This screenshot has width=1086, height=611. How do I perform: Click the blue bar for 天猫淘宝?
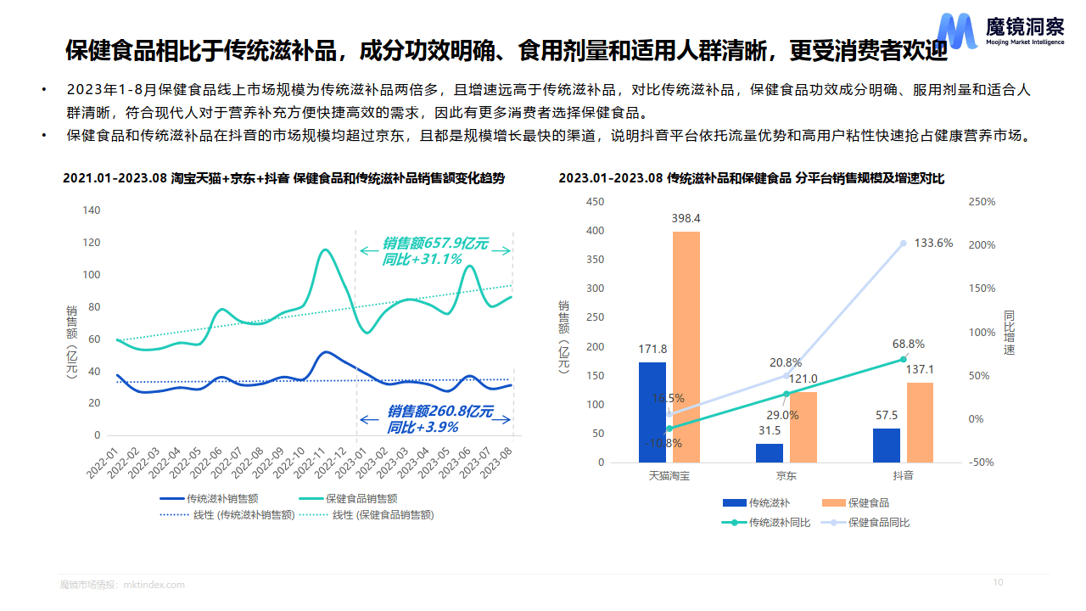pyautogui.click(x=652, y=412)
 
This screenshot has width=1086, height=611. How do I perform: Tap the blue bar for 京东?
pyautogui.click(x=770, y=453)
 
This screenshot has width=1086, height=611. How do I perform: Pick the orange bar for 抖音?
pyautogui.click(x=920, y=422)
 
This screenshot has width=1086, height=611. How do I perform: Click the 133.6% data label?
pyautogui.click(x=933, y=244)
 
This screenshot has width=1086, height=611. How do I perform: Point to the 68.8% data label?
pyautogui.click(x=909, y=345)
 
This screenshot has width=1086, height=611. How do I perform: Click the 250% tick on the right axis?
pyautogui.click(x=981, y=202)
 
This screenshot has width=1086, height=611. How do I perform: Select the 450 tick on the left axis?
pyautogui.click(x=596, y=202)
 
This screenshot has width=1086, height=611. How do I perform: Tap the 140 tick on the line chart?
pyautogui.click(x=91, y=210)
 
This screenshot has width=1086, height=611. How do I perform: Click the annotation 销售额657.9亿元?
pyautogui.click(x=435, y=244)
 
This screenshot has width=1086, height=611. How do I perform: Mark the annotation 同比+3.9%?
pyautogui.click(x=422, y=428)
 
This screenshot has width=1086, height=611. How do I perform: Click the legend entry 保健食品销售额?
pyautogui.click(x=361, y=499)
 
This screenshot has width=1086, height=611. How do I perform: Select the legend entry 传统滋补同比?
pyautogui.click(x=780, y=523)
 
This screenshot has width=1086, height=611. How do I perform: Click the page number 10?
pyautogui.click(x=998, y=582)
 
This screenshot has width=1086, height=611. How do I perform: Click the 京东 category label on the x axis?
pyautogui.click(x=786, y=476)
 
